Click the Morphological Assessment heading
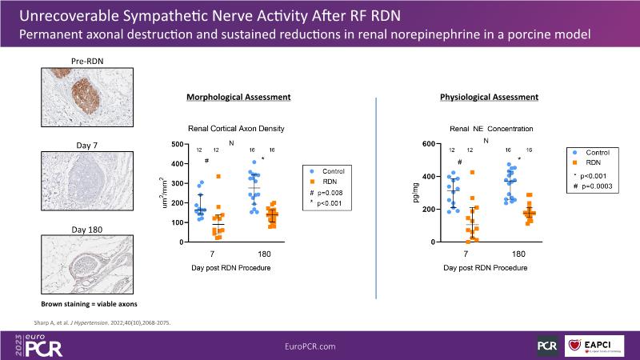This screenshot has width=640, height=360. click(x=238, y=97)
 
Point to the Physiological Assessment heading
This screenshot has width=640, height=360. click(x=489, y=97)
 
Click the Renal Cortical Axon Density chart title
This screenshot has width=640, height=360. click(x=236, y=128)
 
